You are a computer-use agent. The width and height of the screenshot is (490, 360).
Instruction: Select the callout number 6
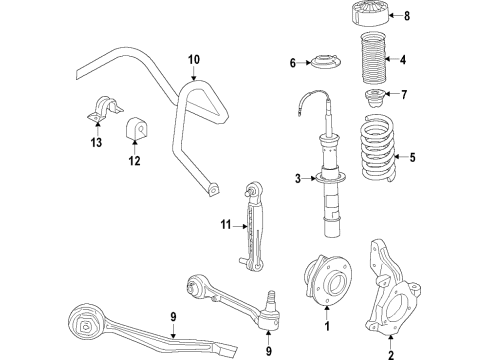point(293,64)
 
